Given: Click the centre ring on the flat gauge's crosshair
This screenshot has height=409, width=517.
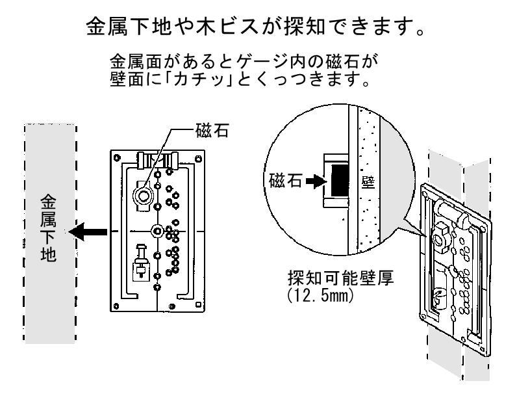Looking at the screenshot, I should [x=157, y=231].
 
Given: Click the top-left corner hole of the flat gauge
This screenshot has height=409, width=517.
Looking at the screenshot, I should [x=117, y=157].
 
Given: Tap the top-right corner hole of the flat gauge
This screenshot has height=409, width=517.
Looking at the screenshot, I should [x=195, y=157].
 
